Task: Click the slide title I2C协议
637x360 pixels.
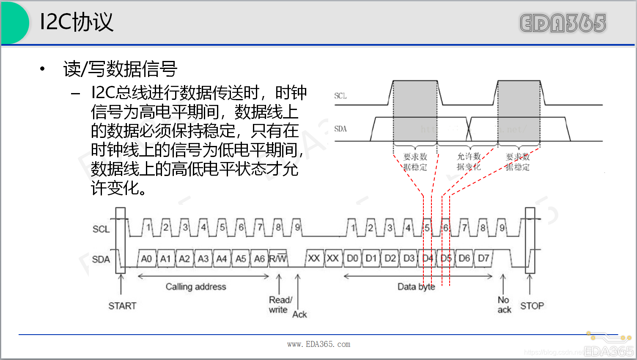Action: tap(77, 22)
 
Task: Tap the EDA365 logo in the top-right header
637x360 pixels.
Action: tap(563, 23)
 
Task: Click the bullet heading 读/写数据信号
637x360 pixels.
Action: tap(120, 69)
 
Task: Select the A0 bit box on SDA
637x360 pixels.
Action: tap(146, 258)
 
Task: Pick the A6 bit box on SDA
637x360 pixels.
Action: tap(259, 258)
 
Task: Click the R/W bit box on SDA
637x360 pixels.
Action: tap(278, 258)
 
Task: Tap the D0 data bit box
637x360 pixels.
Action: tap(352, 258)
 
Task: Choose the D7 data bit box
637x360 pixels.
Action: tap(483, 258)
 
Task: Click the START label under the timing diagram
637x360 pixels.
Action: tap(122, 306)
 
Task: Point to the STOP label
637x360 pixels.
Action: tap(532, 306)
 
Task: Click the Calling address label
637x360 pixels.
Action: tap(196, 287)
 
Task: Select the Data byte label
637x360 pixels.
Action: tap(416, 287)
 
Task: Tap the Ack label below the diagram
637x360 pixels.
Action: tap(299, 314)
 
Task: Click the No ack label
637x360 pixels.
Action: tap(504, 305)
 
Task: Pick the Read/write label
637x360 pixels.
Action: tap(280, 305)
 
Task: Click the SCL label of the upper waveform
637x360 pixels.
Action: tap(340, 96)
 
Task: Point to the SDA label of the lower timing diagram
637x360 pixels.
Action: tap(101, 259)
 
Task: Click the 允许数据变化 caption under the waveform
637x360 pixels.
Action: tap(469, 162)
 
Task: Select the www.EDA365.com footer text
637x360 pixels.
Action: tap(318, 344)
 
